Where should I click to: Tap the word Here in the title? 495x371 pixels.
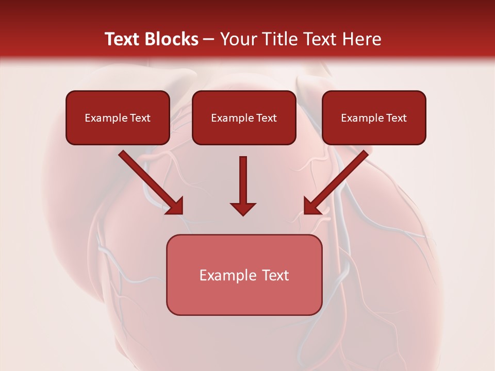coord(361,39)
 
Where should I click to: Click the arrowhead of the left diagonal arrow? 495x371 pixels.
coord(175,207)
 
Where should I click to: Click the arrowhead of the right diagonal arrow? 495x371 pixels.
coord(311,207)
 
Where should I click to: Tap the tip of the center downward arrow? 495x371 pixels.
coord(243,213)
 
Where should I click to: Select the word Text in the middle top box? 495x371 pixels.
coord(266,118)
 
